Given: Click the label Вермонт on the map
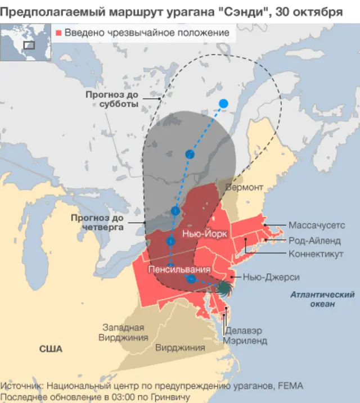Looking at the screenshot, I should click(x=244, y=187).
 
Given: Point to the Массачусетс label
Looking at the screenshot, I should click(x=317, y=225).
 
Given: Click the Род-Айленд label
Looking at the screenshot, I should click(x=314, y=240).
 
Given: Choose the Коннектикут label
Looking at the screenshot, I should click(x=316, y=254).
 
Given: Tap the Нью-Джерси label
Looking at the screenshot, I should click(x=271, y=277).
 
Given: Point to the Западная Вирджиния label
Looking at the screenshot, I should click(x=123, y=333).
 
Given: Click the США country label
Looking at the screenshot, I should click(x=51, y=348).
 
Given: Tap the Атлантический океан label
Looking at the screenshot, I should click(x=322, y=299).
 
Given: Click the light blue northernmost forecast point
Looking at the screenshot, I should click(x=223, y=103).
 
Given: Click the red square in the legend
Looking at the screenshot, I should click(x=58, y=33).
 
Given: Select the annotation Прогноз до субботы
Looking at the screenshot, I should click(x=112, y=99).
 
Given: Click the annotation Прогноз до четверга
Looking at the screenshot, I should click(x=97, y=223).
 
